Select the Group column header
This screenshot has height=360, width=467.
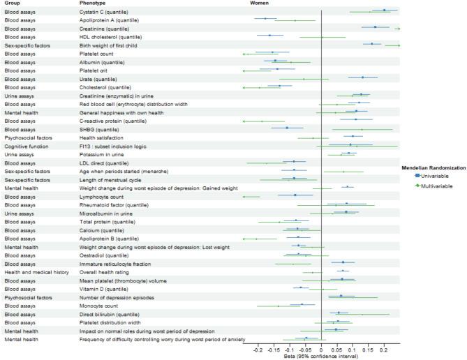pos(13,3)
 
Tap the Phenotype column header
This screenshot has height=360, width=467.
pos(94,3)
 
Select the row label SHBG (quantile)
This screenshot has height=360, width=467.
pos(99,128)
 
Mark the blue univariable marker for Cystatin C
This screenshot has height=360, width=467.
pos(384,10)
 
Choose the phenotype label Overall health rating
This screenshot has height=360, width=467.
pos(103,271)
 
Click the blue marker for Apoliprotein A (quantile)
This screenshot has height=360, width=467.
pos(265,19)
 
